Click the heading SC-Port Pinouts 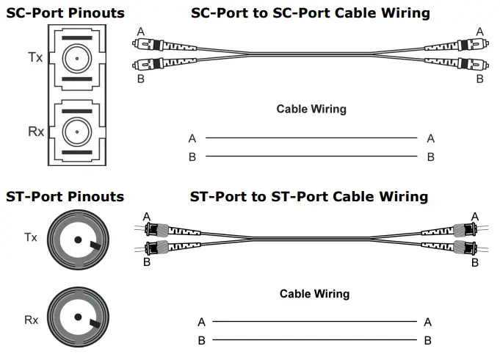(65, 13)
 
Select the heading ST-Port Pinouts (65, 196)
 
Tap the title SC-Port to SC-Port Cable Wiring (310, 13)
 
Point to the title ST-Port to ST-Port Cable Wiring (308, 196)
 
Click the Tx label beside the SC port (35, 57)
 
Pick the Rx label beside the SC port (35, 132)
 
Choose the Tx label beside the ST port (31, 237)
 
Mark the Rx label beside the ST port (31, 320)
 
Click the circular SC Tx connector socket (76, 57)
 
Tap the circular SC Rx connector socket (76, 132)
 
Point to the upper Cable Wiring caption (311, 109)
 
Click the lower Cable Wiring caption (314, 294)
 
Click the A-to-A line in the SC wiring (311, 138)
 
